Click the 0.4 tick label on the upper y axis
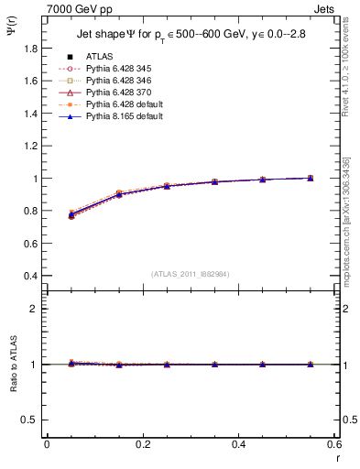tap(31, 277)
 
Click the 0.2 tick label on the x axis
tap(142, 444)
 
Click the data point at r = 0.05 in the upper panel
tap(71, 215)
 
